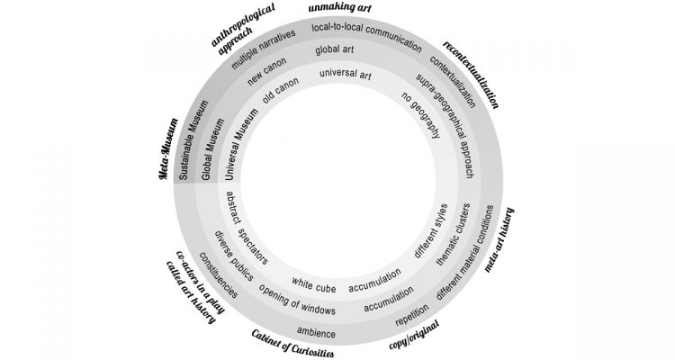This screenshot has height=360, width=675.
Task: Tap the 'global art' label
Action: [x=334, y=50]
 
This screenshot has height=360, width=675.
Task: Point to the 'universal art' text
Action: [x=346, y=76]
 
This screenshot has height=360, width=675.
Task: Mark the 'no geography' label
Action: [x=421, y=115]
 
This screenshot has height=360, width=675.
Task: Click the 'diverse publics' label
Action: [x=233, y=255]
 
